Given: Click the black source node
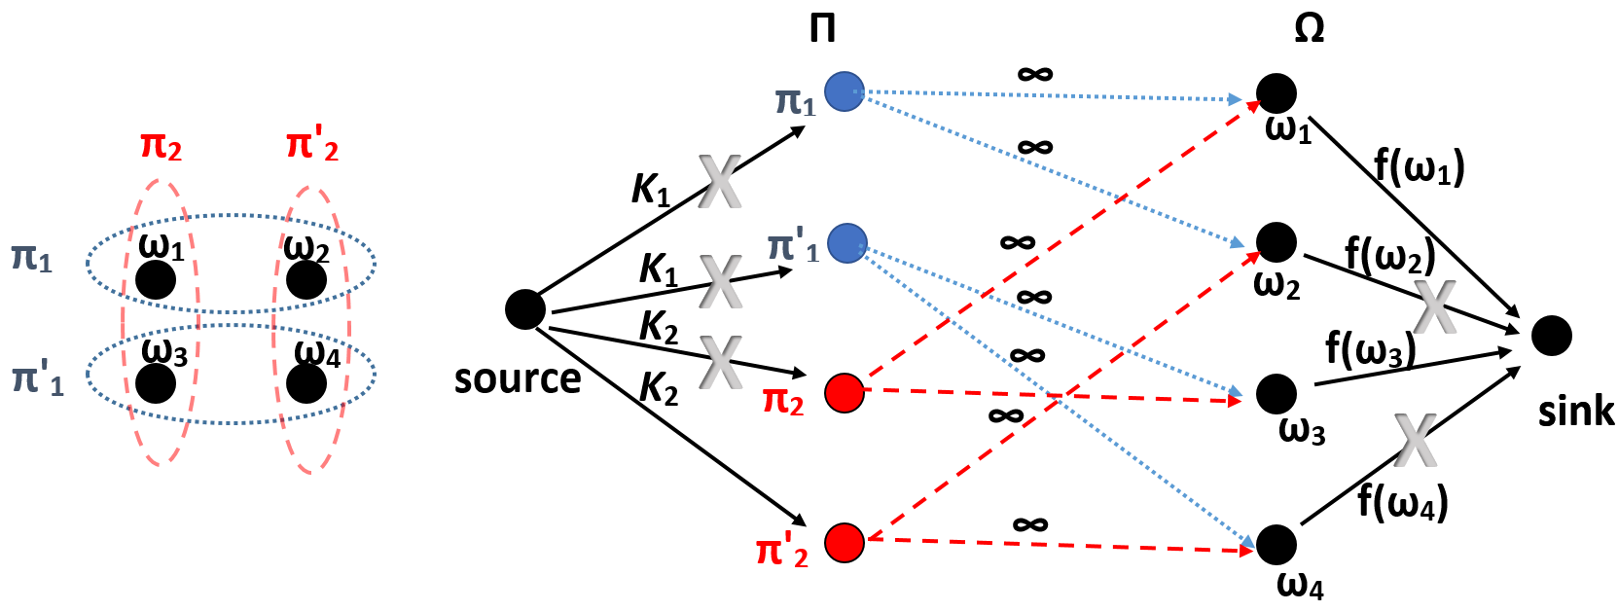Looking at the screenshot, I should coord(525,309).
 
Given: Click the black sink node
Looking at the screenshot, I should coord(1551,336).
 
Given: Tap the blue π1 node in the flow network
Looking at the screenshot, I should coord(844,91).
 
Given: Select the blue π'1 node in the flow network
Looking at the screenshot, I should coord(846,242).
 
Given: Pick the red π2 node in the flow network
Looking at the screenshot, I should coord(844,393).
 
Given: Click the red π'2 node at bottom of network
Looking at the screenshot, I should coord(844,542).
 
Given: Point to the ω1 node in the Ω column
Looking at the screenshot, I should coord(1276,93).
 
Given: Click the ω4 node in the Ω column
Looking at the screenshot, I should coord(1276,544).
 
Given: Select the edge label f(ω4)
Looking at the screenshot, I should coord(1402,502).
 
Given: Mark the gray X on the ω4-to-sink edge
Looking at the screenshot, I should coord(1415,439).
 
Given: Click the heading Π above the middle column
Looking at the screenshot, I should coord(822,29).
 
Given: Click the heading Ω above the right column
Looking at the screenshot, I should coord(1309,29).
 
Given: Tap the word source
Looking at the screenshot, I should coord(517,378).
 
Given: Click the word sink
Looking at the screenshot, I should coord(1575,411).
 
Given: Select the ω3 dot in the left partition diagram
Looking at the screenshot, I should coord(156,383).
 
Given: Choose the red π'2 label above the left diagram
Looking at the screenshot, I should coord(312,146).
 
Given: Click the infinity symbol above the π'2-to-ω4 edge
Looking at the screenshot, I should coord(1029,525).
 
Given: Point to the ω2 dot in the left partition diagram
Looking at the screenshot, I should coord(306,280).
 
